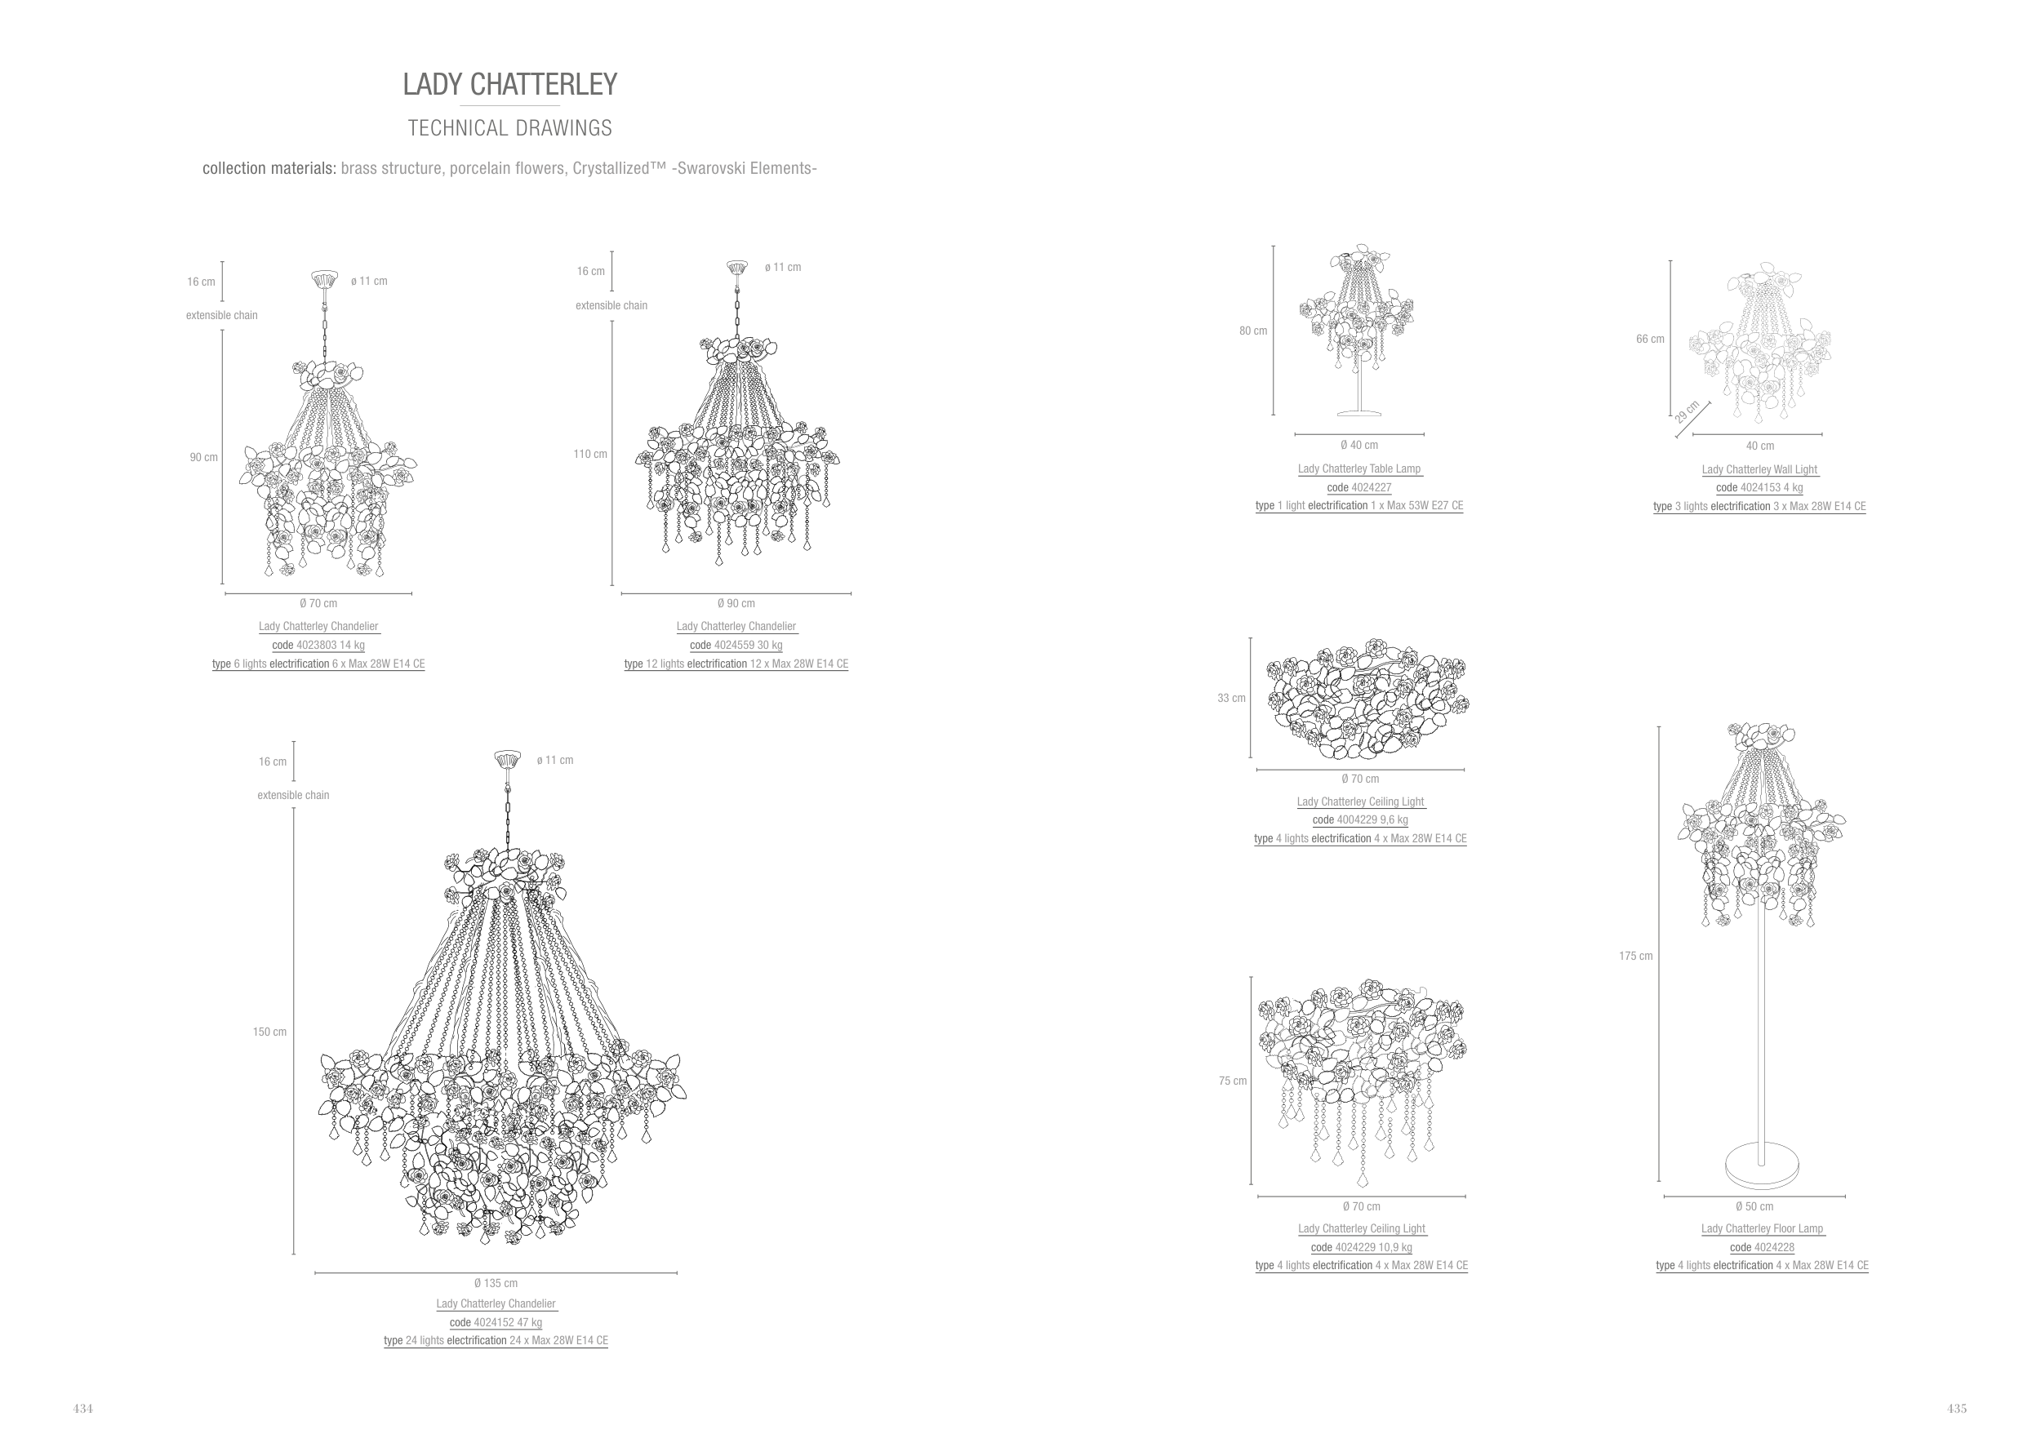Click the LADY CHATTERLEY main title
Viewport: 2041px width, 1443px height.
click(509, 84)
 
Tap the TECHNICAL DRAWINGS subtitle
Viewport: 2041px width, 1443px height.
click(509, 128)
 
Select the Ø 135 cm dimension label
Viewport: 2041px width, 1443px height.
click(495, 1283)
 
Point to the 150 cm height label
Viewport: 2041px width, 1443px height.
click(269, 1032)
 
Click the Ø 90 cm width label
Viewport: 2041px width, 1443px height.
click(736, 603)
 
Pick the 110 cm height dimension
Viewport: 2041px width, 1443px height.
click(590, 454)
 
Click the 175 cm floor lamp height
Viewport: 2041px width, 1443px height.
click(1635, 956)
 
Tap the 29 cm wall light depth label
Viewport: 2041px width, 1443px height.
click(1687, 412)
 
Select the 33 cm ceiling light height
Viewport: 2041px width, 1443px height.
click(1231, 699)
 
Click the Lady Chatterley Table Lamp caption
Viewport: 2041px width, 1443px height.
click(1359, 469)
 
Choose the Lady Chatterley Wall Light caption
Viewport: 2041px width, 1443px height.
click(1759, 470)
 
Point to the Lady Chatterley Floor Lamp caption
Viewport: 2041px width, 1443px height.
click(1762, 1229)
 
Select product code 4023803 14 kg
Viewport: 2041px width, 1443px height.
click(318, 645)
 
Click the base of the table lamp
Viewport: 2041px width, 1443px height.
click(1359, 411)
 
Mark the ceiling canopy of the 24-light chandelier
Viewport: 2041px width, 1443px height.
click(508, 760)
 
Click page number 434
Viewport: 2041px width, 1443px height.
click(82, 1409)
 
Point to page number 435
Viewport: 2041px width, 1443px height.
click(1957, 1409)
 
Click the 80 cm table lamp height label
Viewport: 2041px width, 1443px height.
click(1253, 331)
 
